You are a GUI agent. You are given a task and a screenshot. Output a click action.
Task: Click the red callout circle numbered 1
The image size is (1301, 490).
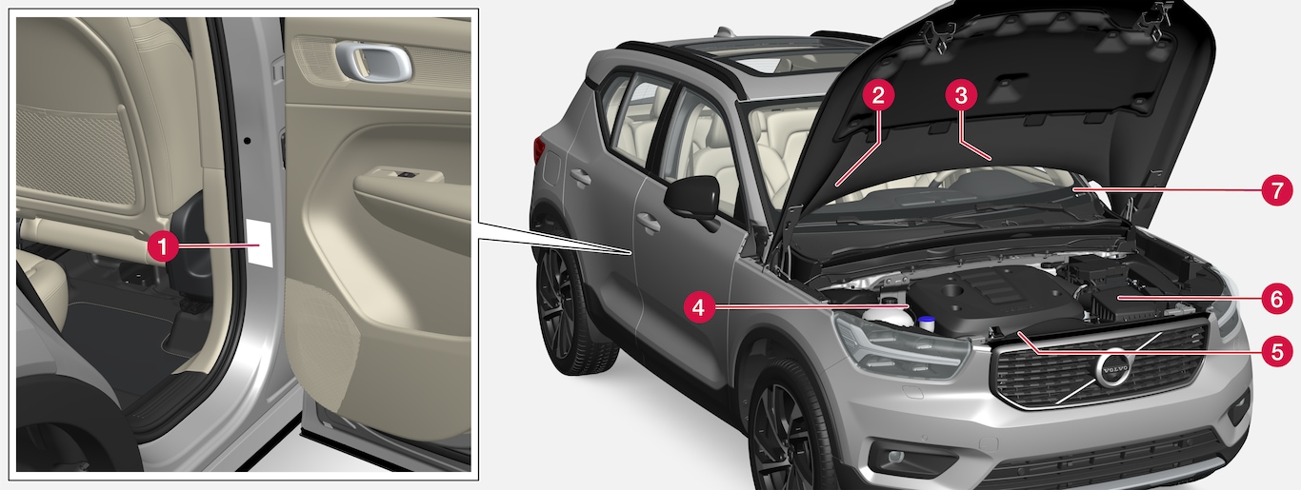(x=163, y=246)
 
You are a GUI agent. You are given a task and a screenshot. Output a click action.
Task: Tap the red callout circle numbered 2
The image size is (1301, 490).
(x=877, y=96)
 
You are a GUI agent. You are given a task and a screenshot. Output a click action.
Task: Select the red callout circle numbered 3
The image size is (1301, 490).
(x=961, y=96)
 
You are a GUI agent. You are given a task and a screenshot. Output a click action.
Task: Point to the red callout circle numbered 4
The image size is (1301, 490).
(x=699, y=306)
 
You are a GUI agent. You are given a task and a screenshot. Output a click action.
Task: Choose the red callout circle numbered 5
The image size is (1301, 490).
(x=1277, y=351)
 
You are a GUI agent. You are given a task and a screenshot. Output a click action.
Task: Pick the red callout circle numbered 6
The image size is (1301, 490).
(x=1276, y=299)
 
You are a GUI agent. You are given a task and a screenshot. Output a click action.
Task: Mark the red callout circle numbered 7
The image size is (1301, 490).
(x=1276, y=190)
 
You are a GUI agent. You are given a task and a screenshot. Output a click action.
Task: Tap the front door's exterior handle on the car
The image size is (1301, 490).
(x=649, y=222)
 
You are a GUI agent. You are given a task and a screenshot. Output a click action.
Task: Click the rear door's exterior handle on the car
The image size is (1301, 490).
(x=581, y=176)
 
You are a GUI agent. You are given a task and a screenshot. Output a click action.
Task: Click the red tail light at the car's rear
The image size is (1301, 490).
(x=539, y=150)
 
